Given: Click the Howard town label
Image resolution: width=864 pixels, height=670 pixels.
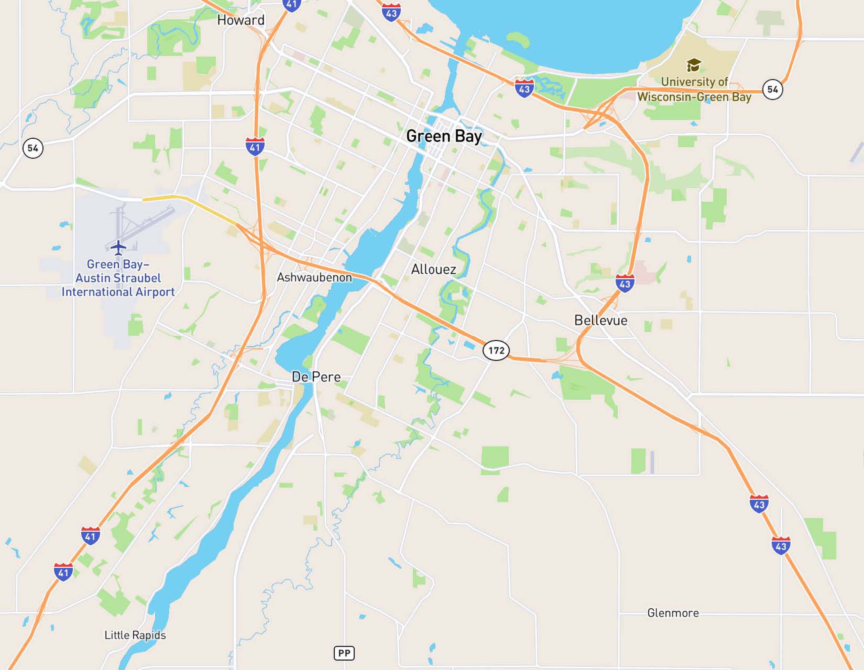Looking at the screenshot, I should pos(241,20).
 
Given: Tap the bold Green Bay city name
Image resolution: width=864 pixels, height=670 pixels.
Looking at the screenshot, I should pos(444,136).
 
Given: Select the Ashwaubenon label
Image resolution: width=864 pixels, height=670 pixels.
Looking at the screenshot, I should pos(314,277).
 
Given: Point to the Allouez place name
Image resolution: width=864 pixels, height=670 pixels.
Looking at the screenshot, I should pos(433,269).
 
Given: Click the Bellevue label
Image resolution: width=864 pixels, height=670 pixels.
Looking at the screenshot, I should pos(601,320).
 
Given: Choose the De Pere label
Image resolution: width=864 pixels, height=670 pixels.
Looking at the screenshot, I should pos(316,377).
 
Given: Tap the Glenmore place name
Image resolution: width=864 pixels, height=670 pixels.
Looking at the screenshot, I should pos(673,613).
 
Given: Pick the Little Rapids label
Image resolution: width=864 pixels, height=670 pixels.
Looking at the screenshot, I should pos(135,635).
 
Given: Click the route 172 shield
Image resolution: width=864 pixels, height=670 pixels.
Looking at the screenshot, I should pos(496,350).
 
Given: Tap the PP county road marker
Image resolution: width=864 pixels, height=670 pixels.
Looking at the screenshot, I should pos(344,653).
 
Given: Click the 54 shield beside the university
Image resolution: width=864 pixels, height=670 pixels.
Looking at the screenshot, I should pos(772,89).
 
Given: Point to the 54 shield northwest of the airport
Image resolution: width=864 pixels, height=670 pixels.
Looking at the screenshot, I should pos(33,148).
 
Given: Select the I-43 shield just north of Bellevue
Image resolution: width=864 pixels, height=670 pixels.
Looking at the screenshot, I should pos(625,283).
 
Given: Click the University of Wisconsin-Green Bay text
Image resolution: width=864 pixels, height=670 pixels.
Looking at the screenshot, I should pos(694,89).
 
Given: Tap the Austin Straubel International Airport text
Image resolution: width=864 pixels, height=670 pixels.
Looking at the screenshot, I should pos(118,278).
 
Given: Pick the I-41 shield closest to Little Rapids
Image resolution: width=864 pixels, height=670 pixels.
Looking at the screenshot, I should pos(63,572).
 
